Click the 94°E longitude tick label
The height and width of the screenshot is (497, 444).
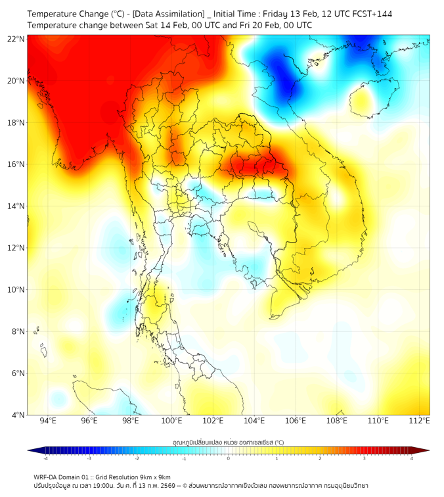48,421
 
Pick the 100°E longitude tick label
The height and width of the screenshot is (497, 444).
172,421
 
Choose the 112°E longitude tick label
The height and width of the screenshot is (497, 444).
420,421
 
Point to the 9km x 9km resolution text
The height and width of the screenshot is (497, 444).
154,477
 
